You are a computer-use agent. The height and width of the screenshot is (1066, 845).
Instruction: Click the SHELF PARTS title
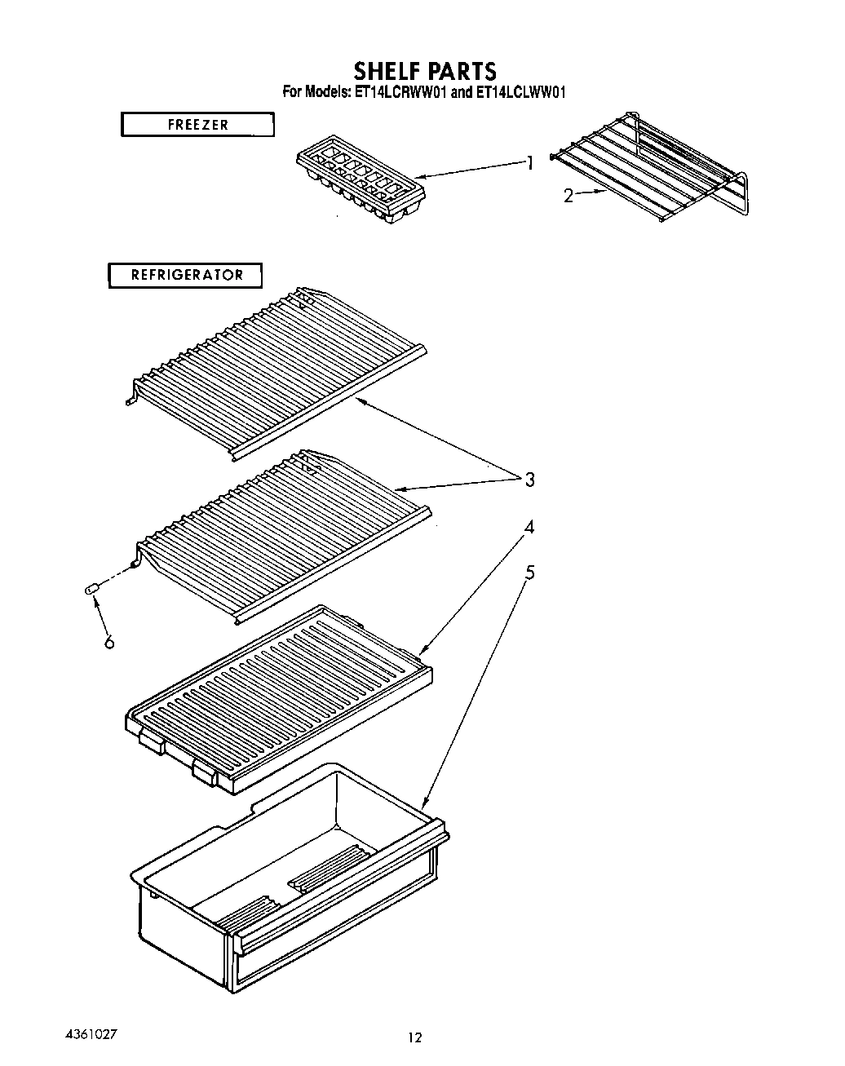424,70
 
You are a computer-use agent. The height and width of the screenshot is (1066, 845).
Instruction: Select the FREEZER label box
197,125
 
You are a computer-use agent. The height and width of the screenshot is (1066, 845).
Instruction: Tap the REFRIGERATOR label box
187,275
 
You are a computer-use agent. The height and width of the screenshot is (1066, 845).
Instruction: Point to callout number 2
568,196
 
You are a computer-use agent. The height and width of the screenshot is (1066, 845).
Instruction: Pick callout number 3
529,480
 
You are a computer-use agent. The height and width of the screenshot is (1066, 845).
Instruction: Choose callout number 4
529,527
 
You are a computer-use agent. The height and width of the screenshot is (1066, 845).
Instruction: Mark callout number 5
529,573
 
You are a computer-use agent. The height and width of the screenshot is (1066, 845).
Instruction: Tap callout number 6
109,642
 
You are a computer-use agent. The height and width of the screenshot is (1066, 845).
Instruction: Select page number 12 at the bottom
415,1038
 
